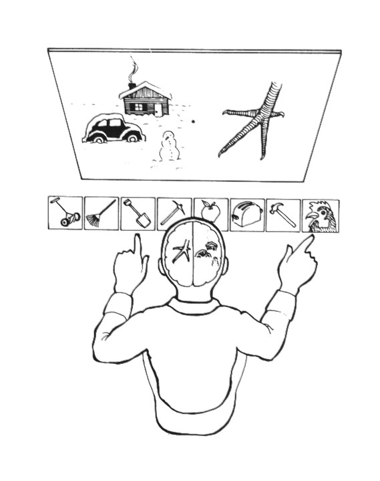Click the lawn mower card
click(x=65, y=213)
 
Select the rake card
click(x=102, y=213)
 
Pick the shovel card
click(x=138, y=213)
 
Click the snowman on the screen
click(x=170, y=147)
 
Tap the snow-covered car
click(x=114, y=129)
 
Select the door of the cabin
click(x=158, y=106)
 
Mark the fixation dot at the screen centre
click(x=194, y=122)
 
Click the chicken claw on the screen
click(x=257, y=120)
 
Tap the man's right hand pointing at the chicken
click(x=297, y=261)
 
